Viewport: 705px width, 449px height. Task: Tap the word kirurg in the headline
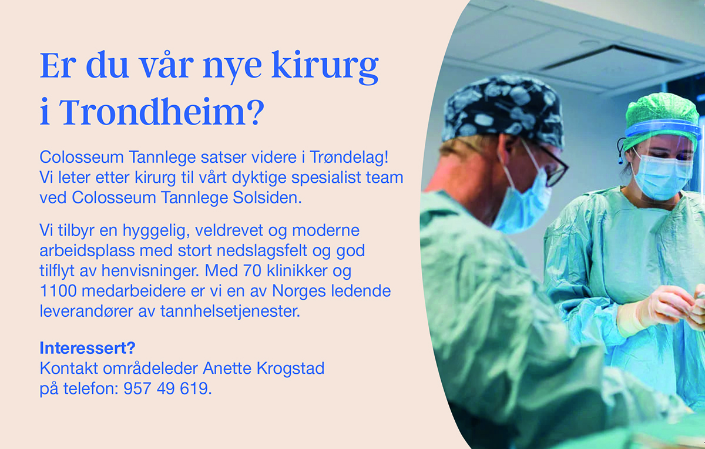coord(325,68)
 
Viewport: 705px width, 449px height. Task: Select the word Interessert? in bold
coord(88,348)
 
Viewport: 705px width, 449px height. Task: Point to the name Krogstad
coord(290,368)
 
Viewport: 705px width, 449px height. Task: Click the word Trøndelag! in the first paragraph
coord(349,157)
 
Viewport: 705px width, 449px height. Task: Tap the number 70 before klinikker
coord(252,271)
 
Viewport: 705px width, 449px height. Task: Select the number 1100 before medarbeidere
coord(58,291)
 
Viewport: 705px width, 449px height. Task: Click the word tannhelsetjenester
coord(230,311)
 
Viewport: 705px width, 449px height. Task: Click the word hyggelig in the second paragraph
coord(156,230)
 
